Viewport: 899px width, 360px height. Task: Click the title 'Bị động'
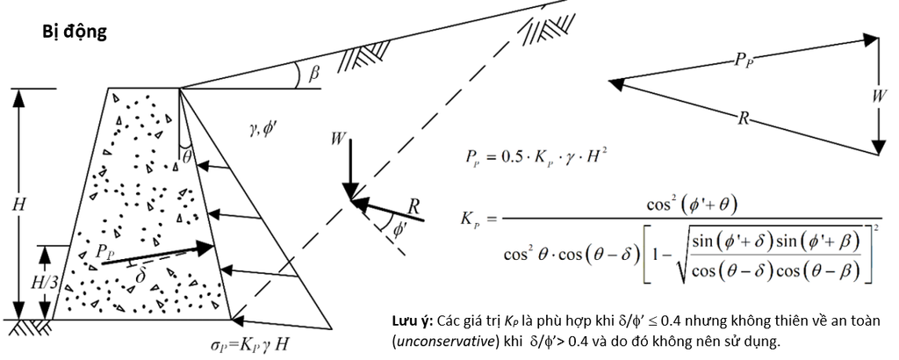[x=75, y=32]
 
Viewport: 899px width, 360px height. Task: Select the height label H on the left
[x=19, y=205]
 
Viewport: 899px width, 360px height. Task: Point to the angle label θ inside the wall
[x=186, y=156]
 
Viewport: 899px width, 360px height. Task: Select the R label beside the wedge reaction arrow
[x=415, y=205]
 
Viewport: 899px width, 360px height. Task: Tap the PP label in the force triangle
[x=743, y=60]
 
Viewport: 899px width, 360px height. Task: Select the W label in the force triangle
[x=878, y=96]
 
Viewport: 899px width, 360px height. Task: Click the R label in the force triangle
[x=743, y=119]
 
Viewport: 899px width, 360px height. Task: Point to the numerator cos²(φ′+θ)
[x=692, y=205]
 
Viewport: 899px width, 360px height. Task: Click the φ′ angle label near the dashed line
[x=400, y=228]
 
